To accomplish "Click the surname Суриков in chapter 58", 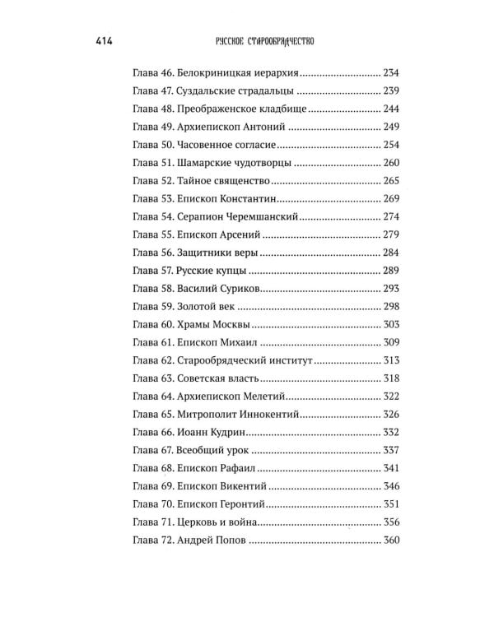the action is point(237,289).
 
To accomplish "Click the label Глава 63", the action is point(151,378).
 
